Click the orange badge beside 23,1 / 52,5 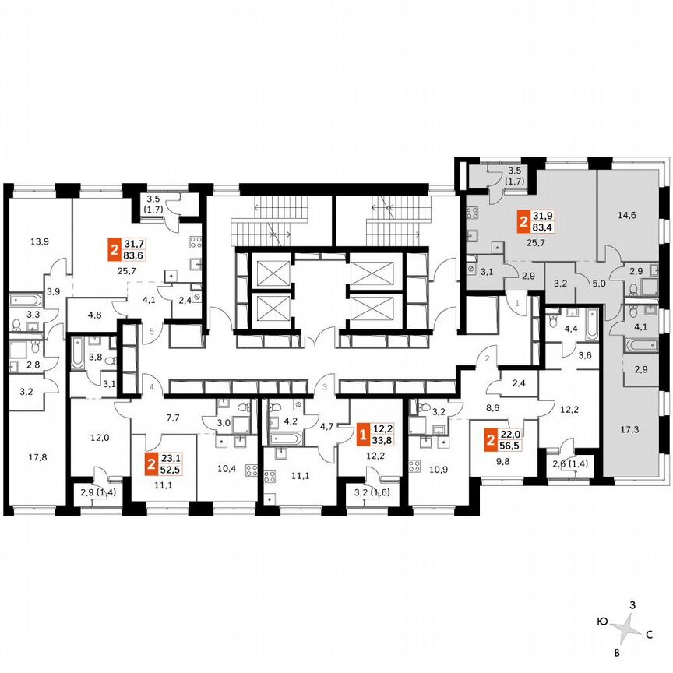click(x=150, y=467)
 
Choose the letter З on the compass click(x=633, y=604)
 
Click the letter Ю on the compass click(x=602, y=622)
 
